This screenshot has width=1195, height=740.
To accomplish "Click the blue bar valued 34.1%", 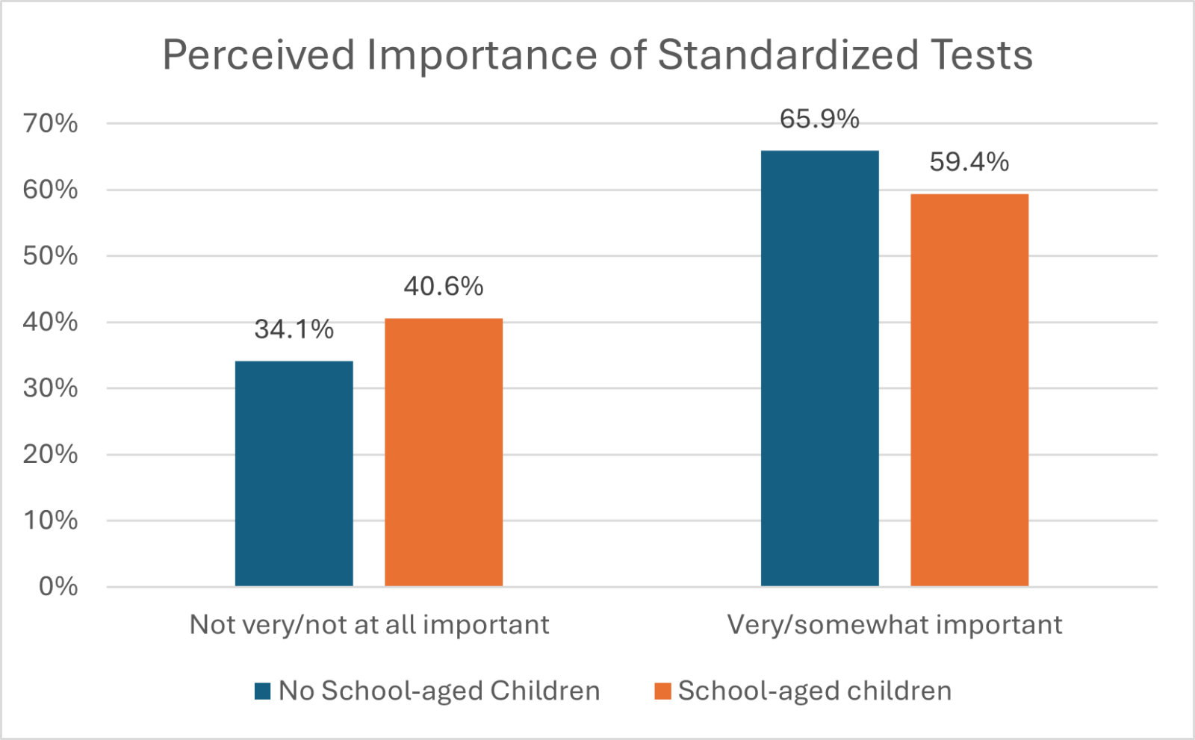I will point(294,473).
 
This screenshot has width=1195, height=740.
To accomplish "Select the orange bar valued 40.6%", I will point(444,453).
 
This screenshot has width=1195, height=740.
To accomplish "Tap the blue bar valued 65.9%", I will point(819,368).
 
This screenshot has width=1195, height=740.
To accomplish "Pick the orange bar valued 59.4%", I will point(969,390).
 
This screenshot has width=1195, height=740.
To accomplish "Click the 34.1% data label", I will point(294,329).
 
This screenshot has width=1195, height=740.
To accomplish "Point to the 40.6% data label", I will point(444,287).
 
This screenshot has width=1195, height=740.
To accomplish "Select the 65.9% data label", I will point(819,119).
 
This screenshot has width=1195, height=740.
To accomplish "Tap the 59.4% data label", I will point(969,162).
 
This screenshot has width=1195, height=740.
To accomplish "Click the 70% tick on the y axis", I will point(50,123).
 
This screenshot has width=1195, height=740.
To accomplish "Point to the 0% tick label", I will point(58,587).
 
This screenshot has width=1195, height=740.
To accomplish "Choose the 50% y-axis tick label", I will point(50,256).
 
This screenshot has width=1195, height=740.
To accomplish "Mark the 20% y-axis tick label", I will point(50,454).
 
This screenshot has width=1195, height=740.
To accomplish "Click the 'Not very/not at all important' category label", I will point(369,625).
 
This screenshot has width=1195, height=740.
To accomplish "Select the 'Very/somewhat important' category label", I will point(895,625).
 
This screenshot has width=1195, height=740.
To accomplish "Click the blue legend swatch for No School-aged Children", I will point(262,691).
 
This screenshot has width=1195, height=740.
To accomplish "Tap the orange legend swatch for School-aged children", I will point(662,691).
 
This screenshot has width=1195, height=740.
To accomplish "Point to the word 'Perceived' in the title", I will point(258,55).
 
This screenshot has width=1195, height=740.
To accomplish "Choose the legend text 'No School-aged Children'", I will point(439,691).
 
